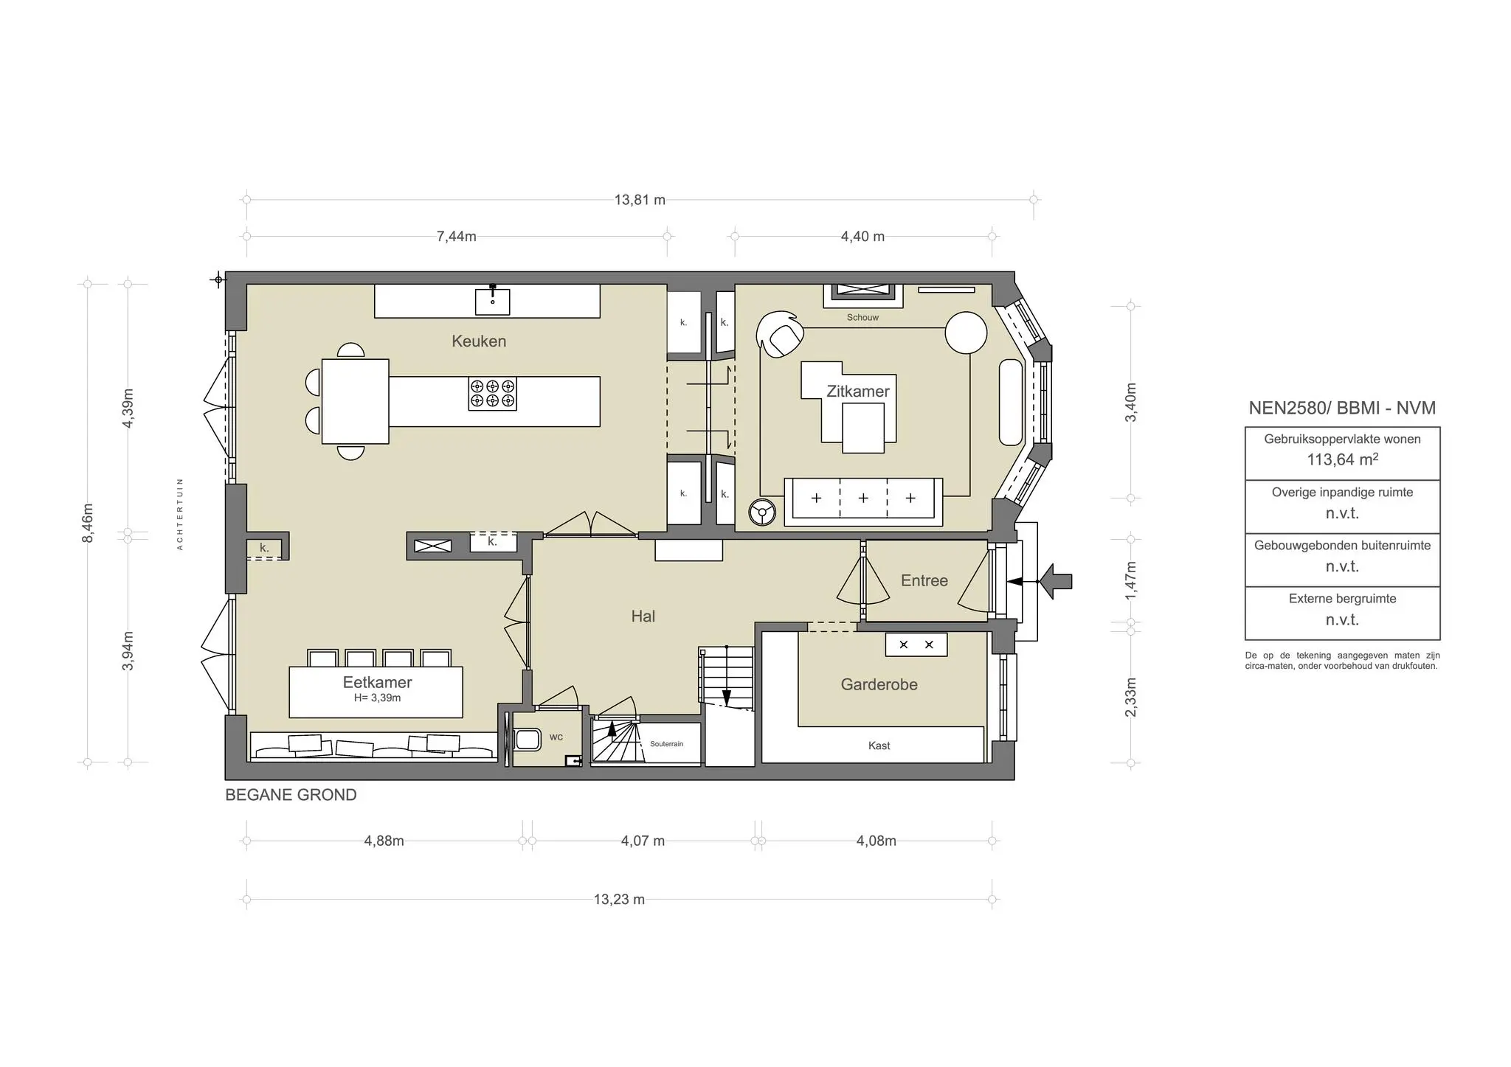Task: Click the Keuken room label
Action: (x=479, y=341)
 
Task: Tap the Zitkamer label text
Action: (x=857, y=392)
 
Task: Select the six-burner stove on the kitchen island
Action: (x=492, y=393)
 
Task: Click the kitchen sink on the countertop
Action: (x=492, y=300)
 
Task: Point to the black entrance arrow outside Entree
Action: (x=1056, y=582)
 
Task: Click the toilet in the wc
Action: (x=527, y=739)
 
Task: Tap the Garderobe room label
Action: (x=879, y=684)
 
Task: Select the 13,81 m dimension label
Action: (x=640, y=200)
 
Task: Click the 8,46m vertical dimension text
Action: (x=88, y=523)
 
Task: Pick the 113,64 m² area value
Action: (x=1342, y=459)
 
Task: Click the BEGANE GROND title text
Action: (x=291, y=795)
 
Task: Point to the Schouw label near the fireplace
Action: (x=862, y=318)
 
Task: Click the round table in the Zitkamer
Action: (x=966, y=333)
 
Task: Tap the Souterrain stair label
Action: (x=666, y=744)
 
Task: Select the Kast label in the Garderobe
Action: (x=879, y=745)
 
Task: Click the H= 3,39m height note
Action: (x=377, y=698)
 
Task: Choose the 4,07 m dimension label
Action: (x=643, y=841)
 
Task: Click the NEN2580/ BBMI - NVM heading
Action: (x=1342, y=408)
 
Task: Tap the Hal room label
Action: (x=643, y=616)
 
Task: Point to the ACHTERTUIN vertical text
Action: (x=180, y=514)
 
